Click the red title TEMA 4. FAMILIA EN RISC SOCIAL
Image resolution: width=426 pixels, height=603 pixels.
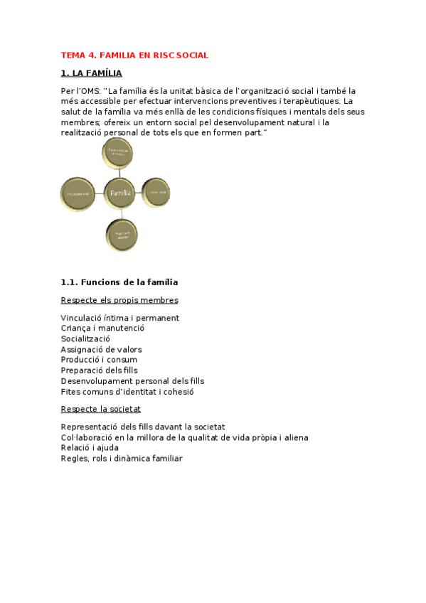click(134, 55)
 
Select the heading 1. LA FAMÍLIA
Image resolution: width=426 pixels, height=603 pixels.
click(91, 73)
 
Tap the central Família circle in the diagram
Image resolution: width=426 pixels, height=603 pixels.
click(120, 193)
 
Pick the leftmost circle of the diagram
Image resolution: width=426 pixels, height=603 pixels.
click(78, 193)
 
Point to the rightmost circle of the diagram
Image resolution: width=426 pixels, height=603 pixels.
click(156, 193)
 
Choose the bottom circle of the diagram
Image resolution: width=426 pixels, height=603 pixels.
click(122, 234)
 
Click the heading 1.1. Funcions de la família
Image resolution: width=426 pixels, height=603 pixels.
click(119, 282)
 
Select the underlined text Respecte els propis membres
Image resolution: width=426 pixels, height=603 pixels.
click(119, 300)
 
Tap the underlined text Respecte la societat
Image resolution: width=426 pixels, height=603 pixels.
click(101, 409)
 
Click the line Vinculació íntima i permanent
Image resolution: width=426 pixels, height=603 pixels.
click(119, 318)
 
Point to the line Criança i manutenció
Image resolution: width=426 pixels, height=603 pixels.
click(102, 329)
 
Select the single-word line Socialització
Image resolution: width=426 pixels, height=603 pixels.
click(85, 339)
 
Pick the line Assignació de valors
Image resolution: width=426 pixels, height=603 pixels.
click(101, 349)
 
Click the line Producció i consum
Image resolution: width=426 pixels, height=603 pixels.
click(99, 360)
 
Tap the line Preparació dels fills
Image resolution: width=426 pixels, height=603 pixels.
click(100, 370)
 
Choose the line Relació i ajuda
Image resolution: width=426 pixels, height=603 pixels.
click(90, 448)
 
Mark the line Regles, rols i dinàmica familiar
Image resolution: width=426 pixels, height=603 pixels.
click(122, 459)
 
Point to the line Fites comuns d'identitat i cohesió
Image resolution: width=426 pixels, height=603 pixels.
click(127, 392)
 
